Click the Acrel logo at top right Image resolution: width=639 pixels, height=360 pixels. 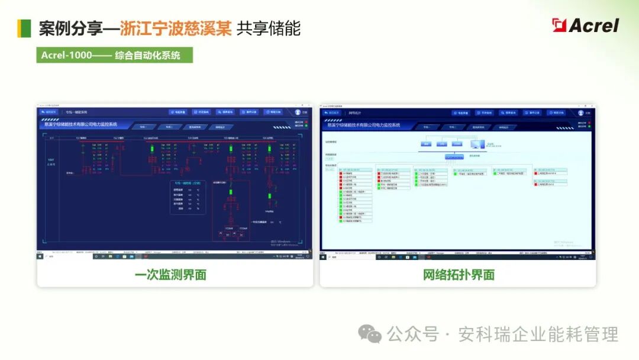tap(585, 25)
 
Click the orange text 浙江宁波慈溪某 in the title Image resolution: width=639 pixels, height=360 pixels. tap(176, 28)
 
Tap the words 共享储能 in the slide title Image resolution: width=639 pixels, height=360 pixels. tap(269, 28)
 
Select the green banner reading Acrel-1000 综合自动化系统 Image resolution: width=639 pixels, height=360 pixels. tap(114, 55)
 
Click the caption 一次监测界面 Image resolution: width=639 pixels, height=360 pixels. tap(175, 274)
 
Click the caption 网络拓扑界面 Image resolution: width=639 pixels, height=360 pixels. tap(459, 274)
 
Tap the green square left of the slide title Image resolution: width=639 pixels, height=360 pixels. tap(24, 28)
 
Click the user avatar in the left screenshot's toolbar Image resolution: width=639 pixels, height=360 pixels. tap(298, 112)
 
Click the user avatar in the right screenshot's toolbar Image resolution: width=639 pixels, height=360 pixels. tap(580, 112)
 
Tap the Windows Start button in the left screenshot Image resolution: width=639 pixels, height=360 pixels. tap(41, 256)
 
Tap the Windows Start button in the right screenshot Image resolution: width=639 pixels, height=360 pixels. tap(323, 257)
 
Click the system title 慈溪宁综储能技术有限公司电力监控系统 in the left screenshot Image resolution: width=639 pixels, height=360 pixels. tap(81, 124)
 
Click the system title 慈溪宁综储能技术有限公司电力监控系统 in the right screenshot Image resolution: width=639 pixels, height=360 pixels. tap(364, 125)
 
